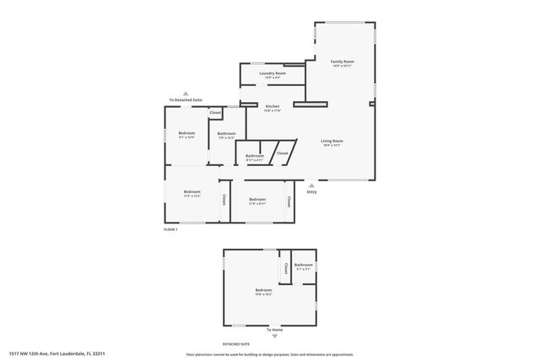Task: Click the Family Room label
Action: [342, 62]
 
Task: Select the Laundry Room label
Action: [272, 73]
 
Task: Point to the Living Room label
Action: [332, 141]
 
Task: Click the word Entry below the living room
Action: [311, 191]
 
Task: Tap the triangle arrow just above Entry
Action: [311, 185]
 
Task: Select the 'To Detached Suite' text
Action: [186, 99]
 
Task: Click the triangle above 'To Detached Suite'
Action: [186, 93]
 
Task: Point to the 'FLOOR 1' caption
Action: [170, 229]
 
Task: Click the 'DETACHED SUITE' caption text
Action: [236, 344]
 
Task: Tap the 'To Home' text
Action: [274, 329]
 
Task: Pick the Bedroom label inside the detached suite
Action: [263, 291]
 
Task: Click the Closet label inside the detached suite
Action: [286, 269]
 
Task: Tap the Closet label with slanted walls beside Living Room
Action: [282, 153]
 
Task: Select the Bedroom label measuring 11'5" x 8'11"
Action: [257, 200]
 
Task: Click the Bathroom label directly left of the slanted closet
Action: [255, 155]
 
